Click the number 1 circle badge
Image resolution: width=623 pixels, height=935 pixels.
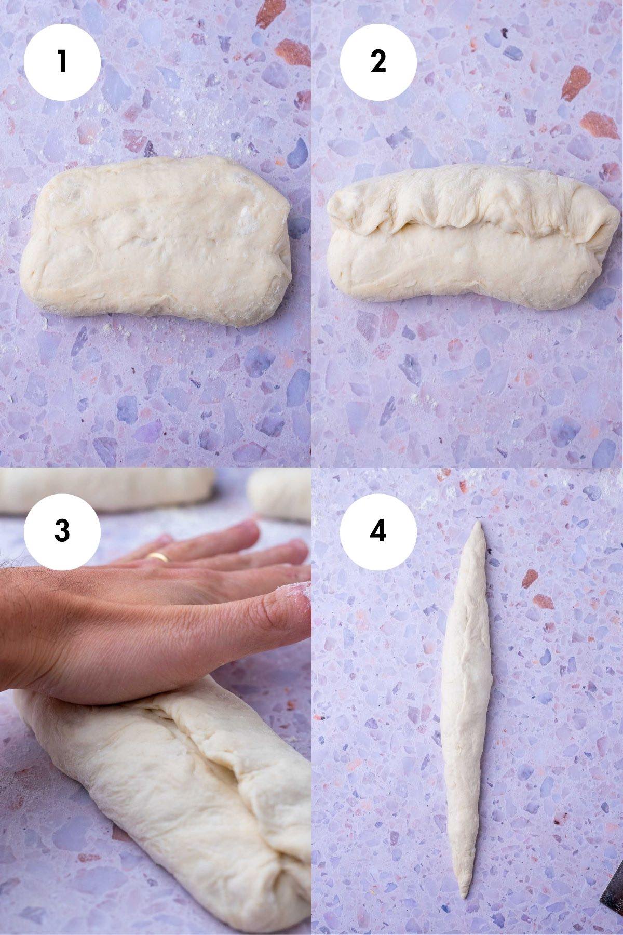62,61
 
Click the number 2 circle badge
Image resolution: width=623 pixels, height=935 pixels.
378,61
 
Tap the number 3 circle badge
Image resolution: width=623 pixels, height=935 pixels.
62,530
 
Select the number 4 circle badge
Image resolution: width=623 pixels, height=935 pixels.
378,530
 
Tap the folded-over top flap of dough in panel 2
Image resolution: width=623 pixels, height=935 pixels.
467,203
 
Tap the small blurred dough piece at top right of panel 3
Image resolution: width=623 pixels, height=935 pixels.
280,493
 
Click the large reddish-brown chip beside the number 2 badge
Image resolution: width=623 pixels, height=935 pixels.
575,83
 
